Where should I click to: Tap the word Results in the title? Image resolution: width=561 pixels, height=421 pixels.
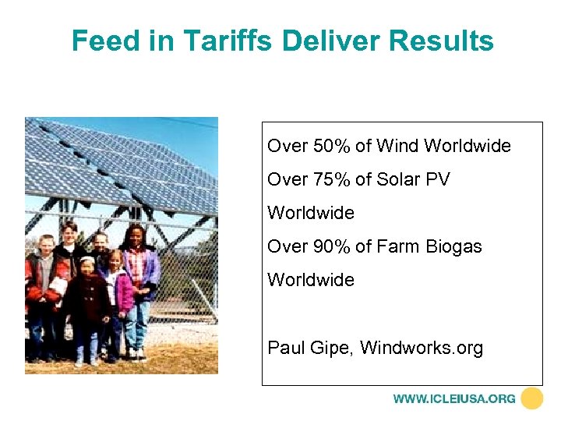pyautogui.click(x=446, y=41)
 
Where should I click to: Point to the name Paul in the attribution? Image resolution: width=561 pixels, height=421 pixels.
pyautogui.click(x=286, y=347)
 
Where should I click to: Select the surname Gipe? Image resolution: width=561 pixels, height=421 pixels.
pyautogui.click(x=333, y=348)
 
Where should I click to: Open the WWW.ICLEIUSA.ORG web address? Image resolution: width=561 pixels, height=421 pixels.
pyautogui.click(x=454, y=398)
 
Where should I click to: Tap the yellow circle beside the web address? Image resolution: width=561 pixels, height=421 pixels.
pyautogui.click(x=532, y=398)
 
